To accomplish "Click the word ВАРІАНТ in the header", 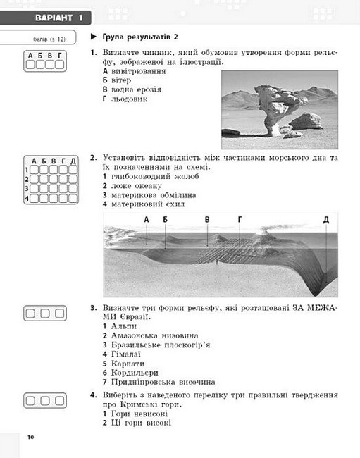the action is [x=54, y=18].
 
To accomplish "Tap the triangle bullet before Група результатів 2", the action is [x=94, y=37].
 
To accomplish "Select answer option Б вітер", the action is [x=117, y=80].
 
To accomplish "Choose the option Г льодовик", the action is [x=125, y=99].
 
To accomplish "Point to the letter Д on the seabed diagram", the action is [x=326, y=219].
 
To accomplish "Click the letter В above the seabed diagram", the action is [x=207, y=219].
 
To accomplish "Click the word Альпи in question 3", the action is [x=124, y=326].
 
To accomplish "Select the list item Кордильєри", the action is [x=135, y=373].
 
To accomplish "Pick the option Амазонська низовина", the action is [x=154, y=335].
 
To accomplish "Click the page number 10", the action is [x=31, y=437].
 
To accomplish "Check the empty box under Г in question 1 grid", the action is [x=60, y=65].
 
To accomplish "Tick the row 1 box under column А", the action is [x=34, y=170].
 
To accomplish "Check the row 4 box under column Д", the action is [x=73, y=199].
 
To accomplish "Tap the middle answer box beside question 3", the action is [x=45, y=314].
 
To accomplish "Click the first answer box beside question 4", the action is [x=30, y=401].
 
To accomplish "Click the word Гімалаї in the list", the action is [x=126, y=354].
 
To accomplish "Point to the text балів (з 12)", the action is [x=49, y=39].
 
